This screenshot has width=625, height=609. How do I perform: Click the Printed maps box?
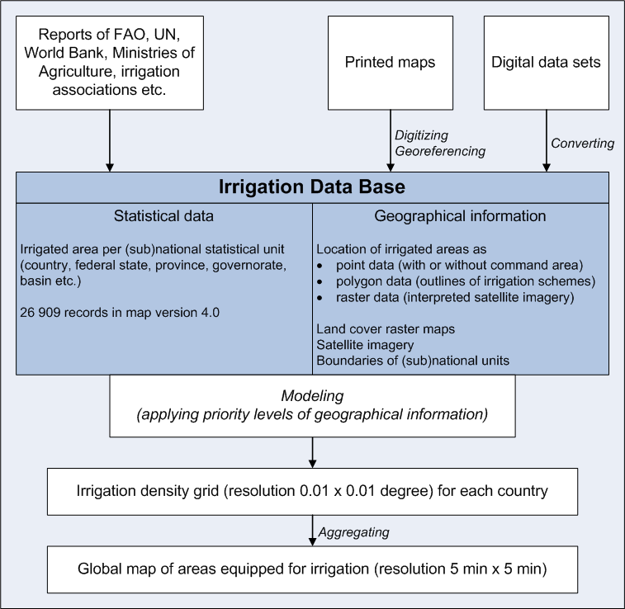click(x=390, y=62)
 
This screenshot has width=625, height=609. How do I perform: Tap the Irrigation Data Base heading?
click(x=312, y=187)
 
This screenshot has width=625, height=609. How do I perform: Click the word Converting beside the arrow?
click(x=583, y=144)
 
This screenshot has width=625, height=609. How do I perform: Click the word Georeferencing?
click(x=440, y=151)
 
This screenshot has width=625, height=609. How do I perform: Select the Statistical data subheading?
click(x=163, y=217)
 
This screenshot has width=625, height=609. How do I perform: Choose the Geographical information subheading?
click(x=460, y=217)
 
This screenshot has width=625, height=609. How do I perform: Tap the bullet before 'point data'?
click(x=320, y=265)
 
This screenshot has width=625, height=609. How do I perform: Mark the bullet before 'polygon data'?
click(x=320, y=281)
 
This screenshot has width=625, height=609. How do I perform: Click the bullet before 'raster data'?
click(x=320, y=296)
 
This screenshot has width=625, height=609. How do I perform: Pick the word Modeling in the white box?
click(x=311, y=396)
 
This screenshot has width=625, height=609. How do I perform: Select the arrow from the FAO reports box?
click(x=110, y=141)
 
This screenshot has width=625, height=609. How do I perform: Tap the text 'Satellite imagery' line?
click(x=366, y=344)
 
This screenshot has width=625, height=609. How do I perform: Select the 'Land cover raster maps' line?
click(x=386, y=328)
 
